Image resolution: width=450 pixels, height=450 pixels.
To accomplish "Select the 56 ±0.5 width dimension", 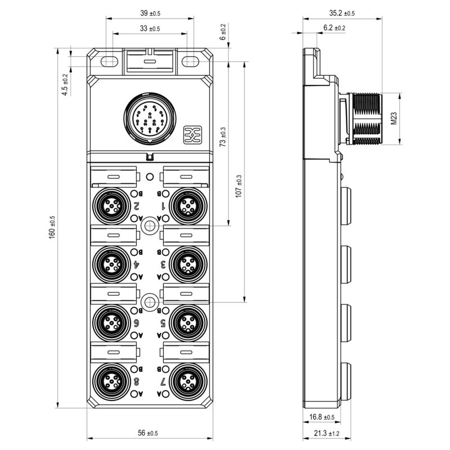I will (x=148, y=433).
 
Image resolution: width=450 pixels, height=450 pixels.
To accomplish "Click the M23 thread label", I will (x=394, y=118).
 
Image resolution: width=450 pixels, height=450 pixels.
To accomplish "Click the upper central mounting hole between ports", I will (x=148, y=226).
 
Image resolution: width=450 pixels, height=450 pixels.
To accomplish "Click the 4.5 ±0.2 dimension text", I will (x=65, y=84).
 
